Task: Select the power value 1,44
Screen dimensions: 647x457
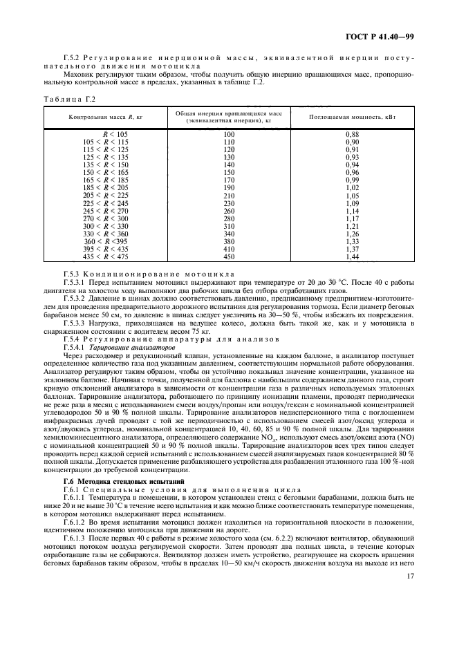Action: [x=351, y=256]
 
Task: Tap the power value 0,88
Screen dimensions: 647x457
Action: [x=351, y=133]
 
